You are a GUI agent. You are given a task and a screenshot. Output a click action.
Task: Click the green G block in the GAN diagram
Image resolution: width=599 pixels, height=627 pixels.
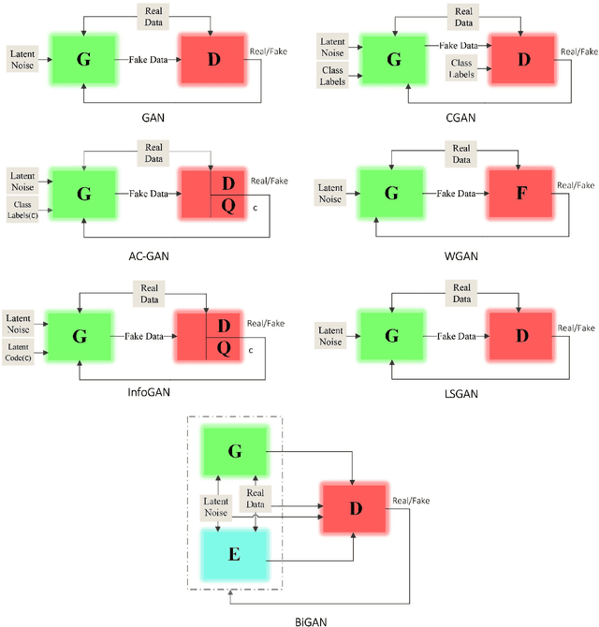[x=83, y=58]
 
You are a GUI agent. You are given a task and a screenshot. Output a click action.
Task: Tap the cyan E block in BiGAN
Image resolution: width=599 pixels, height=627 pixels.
[x=234, y=553]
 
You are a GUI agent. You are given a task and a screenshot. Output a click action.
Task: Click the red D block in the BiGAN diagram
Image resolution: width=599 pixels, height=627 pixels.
[x=353, y=510]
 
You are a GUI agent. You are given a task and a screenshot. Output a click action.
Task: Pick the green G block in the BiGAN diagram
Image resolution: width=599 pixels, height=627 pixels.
[x=234, y=451]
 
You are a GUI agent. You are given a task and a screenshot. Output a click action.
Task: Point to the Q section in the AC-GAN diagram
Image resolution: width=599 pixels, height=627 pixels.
[x=224, y=204]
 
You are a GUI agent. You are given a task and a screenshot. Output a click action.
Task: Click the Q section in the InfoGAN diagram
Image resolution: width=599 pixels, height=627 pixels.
[x=223, y=347]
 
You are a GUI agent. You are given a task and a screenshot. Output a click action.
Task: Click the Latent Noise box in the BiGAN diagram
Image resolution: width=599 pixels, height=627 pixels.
[x=216, y=505]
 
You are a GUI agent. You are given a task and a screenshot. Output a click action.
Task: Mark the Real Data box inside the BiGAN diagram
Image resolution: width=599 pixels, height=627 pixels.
[x=255, y=499]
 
